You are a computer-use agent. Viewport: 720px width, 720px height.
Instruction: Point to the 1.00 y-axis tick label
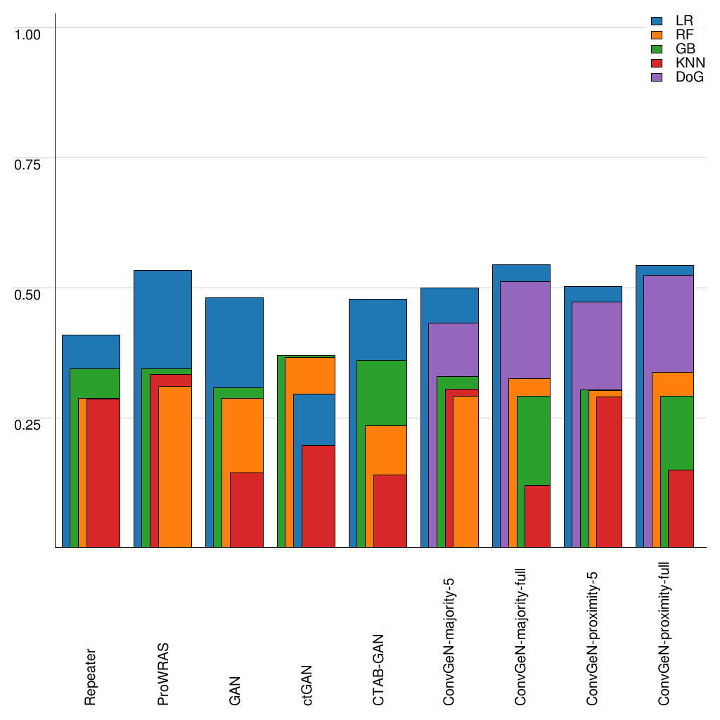(28, 33)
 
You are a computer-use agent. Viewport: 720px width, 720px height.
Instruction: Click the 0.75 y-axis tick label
(28, 164)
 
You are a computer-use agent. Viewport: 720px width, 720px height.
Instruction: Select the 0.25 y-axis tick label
(28, 424)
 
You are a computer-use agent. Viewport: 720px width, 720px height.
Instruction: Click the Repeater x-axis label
(91, 676)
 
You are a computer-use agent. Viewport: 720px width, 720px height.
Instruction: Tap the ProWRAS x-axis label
(163, 673)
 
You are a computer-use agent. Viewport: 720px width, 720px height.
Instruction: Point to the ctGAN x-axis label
(307, 684)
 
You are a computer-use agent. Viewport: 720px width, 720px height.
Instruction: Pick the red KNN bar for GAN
(247, 510)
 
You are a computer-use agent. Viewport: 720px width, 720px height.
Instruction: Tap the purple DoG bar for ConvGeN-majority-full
(521, 330)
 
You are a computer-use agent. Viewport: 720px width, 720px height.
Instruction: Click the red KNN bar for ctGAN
(319, 496)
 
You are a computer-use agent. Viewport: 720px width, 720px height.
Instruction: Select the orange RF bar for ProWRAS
(175, 466)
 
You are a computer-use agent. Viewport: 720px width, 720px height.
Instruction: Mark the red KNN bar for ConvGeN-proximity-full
(681, 508)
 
